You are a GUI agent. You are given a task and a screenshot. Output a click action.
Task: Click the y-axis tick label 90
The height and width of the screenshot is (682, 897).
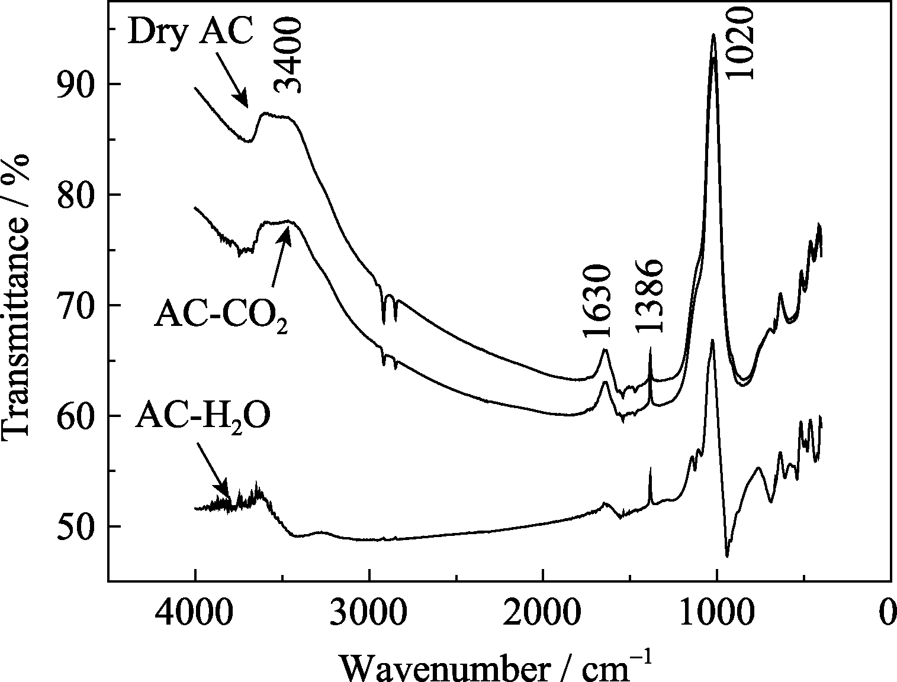point(76,85)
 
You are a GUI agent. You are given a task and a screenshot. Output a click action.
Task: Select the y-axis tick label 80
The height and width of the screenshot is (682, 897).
point(76,195)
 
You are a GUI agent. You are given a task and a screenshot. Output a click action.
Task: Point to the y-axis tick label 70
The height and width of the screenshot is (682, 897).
point(76,306)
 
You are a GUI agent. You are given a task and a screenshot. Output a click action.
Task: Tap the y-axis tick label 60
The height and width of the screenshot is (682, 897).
point(76,416)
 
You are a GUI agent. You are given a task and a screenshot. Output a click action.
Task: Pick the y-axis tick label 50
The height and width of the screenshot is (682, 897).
point(76,527)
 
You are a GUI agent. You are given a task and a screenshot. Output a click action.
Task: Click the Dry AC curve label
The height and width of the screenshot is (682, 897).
point(191,33)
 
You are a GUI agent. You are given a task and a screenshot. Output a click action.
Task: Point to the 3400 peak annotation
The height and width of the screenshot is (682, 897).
point(289,55)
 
